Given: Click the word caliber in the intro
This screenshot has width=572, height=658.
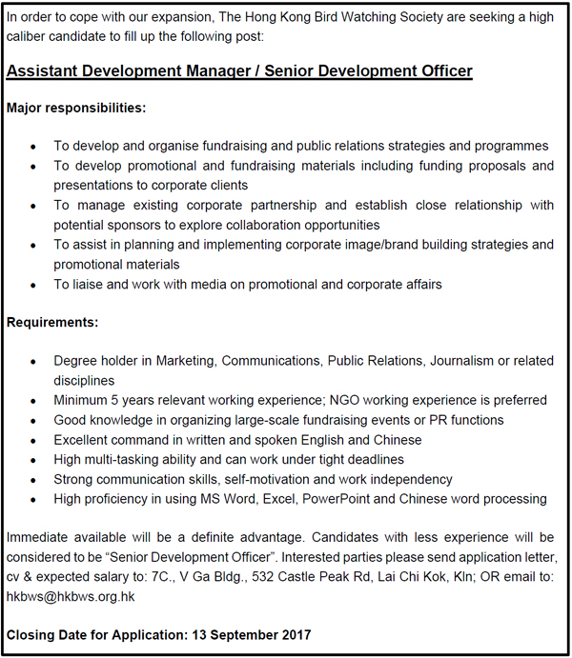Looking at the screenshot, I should point(29,35).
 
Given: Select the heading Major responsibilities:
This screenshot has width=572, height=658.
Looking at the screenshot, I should point(76,108).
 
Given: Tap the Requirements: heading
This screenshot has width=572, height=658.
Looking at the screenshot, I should point(52,323).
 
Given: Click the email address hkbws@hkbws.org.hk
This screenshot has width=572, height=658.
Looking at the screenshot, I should point(71,596).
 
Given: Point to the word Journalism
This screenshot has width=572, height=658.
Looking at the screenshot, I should point(464,361).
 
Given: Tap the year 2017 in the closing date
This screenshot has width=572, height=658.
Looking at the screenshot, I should point(293,635).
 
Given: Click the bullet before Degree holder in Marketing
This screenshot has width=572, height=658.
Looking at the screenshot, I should point(33,362).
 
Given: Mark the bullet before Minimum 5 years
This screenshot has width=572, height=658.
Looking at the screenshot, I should point(33,401).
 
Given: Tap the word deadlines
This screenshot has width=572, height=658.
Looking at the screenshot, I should point(388,459).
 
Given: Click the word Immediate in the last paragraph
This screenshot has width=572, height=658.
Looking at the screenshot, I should point(39,538).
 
